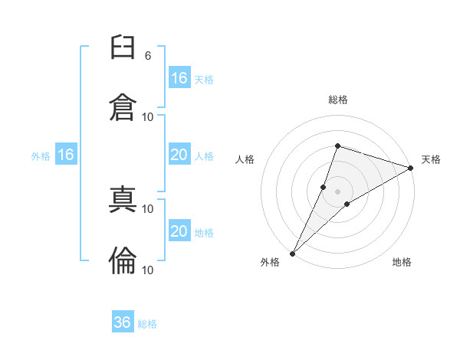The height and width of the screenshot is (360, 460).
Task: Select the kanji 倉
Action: coord(123,106)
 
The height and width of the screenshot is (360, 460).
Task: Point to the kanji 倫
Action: coord(123,260)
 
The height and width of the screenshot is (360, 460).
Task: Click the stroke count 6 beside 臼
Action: coord(147,55)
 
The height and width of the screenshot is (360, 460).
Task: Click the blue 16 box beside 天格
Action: coord(179,78)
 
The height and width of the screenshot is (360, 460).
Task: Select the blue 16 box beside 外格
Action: coord(66,155)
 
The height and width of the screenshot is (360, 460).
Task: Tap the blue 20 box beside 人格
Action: coord(179,155)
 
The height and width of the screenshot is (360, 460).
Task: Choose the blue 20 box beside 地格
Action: coord(179,232)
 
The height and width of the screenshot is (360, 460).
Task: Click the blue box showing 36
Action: coord(123,322)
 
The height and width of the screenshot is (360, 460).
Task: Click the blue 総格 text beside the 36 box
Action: coord(148,324)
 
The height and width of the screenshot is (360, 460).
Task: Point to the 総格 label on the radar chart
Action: coord(337,100)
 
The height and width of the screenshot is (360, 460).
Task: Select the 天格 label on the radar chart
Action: coord(431,159)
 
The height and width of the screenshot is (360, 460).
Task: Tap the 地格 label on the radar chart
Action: coord(402,262)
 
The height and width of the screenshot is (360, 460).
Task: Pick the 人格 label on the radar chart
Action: coord(245,159)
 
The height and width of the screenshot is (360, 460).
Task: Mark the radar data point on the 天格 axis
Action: coord(411,168)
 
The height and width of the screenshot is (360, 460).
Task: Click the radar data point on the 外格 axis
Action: coord(292,254)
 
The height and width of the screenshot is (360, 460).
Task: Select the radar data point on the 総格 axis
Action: coord(337,146)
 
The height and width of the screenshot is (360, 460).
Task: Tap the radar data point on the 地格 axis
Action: coord(347,204)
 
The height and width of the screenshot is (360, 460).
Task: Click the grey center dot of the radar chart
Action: coord(337,191)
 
